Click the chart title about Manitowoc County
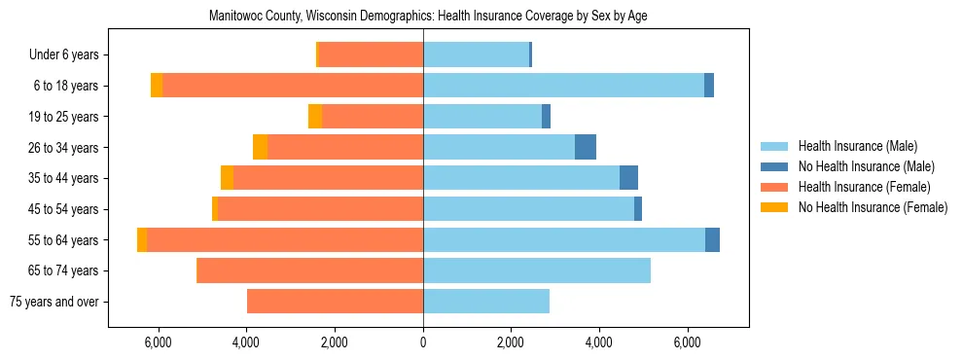428,16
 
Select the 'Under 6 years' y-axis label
70,55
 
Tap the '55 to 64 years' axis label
65,240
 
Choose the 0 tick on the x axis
423,342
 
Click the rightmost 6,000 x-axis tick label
687,342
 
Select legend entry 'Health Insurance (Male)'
857,146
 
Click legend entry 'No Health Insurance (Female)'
873,207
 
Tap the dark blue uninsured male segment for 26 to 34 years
586,148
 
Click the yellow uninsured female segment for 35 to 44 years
227,178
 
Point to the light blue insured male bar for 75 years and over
486,302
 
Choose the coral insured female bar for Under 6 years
371,55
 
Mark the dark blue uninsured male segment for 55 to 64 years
712,240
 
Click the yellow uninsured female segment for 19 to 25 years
315,117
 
